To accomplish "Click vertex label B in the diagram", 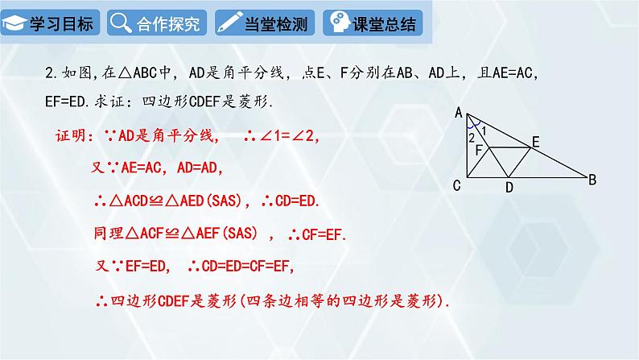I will pyautogui.click(x=592, y=180).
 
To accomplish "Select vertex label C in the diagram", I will pyautogui.click(x=456, y=186).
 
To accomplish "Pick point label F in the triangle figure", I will pyautogui.click(x=479, y=150).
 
